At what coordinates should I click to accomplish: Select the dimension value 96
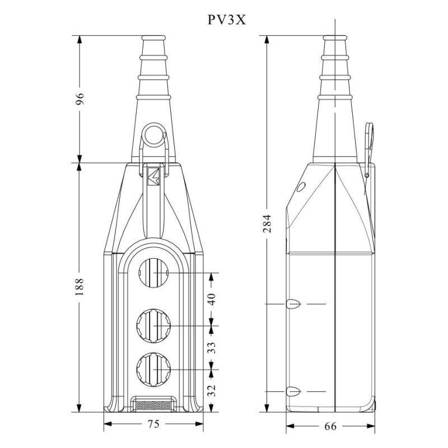(80, 99)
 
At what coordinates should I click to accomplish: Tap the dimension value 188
(80, 286)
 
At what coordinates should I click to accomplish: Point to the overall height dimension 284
(267, 225)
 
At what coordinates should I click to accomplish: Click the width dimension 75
(153, 424)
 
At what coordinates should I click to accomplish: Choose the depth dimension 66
(331, 427)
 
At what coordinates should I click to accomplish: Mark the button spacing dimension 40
(211, 299)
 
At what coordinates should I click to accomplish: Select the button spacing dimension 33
(211, 347)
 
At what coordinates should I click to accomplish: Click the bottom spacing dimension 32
(211, 390)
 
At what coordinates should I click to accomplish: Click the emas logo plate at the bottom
(153, 402)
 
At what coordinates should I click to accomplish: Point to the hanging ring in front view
(153, 135)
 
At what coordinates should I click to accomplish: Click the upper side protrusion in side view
(293, 304)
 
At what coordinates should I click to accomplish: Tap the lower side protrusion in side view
(293, 391)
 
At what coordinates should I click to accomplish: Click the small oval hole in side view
(301, 186)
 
